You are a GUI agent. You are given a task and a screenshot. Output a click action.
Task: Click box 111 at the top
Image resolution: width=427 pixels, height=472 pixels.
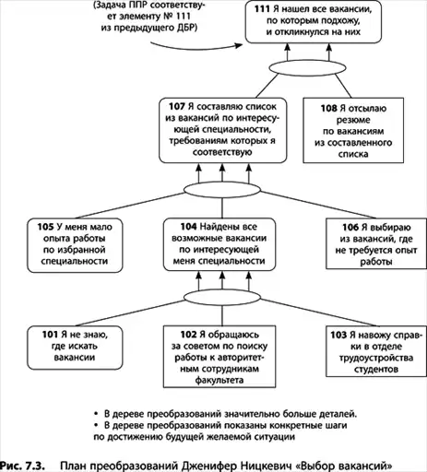click(314, 21)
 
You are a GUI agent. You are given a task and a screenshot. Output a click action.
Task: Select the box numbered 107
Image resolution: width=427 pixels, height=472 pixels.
click(223, 130)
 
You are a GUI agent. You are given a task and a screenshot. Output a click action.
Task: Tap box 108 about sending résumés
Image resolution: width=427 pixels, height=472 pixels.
click(353, 130)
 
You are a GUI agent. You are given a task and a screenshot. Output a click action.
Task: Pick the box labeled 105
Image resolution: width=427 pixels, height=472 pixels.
click(75, 245)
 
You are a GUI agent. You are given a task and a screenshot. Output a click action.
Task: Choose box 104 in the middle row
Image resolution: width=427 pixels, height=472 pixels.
click(219, 244)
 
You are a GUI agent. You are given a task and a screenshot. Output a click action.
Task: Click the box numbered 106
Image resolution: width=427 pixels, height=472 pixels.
click(376, 243)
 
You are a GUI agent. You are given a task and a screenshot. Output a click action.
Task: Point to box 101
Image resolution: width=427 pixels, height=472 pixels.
click(75, 348)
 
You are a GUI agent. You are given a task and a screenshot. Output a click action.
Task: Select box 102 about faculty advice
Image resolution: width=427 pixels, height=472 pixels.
click(219, 357)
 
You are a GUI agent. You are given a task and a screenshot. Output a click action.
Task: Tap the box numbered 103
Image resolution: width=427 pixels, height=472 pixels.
click(376, 351)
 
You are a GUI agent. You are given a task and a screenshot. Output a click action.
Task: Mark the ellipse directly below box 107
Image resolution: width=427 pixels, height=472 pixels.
click(222, 190)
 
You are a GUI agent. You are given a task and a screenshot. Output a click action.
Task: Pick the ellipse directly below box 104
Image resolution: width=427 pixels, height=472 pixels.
click(222, 297)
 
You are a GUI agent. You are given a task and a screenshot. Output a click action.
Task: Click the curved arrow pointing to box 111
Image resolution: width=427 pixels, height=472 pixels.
click(196, 47)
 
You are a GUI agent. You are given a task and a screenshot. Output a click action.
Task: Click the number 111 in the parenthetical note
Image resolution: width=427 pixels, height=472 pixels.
click(184, 16)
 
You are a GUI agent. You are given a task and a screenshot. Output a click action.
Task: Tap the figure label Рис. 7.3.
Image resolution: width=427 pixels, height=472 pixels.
click(22, 466)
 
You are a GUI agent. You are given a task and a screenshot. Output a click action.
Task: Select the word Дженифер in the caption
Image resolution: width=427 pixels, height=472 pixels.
click(209, 466)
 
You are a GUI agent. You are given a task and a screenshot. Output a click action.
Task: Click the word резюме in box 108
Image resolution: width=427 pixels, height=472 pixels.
click(353, 120)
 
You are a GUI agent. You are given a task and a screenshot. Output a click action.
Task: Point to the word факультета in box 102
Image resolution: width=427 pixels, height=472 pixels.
click(219, 380)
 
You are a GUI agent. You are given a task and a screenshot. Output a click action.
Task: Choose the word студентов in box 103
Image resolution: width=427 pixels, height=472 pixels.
click(376, 369)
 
